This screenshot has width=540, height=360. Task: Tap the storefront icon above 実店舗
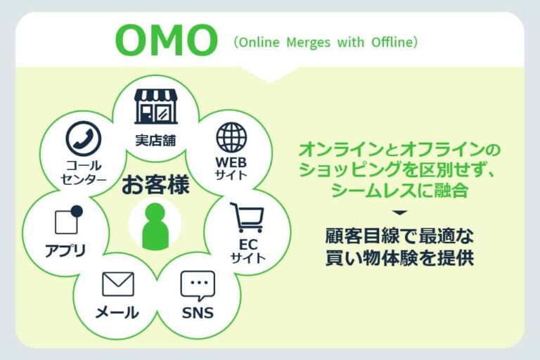tap(155, 106)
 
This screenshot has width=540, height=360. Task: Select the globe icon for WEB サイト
tap(231, 137)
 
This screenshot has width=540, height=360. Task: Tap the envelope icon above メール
tap(117, 284)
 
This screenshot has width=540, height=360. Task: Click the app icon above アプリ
tap(68, 221)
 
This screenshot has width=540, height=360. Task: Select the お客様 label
tap(155, 186)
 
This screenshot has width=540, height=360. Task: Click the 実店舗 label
tap(155, 138)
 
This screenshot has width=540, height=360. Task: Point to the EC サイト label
tap(247, 251)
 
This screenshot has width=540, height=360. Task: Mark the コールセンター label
tap(84, 173)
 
